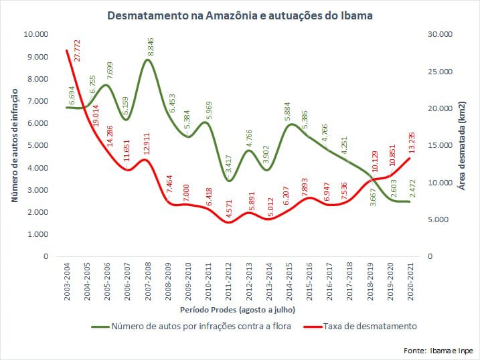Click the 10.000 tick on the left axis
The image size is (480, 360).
(x=35, y=35)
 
